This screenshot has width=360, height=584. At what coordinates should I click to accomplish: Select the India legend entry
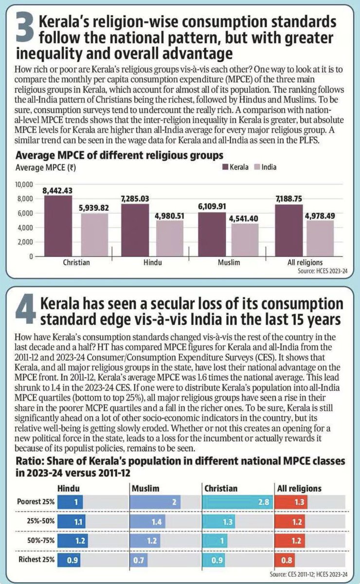pyautogui.click(x=264, y=167)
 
